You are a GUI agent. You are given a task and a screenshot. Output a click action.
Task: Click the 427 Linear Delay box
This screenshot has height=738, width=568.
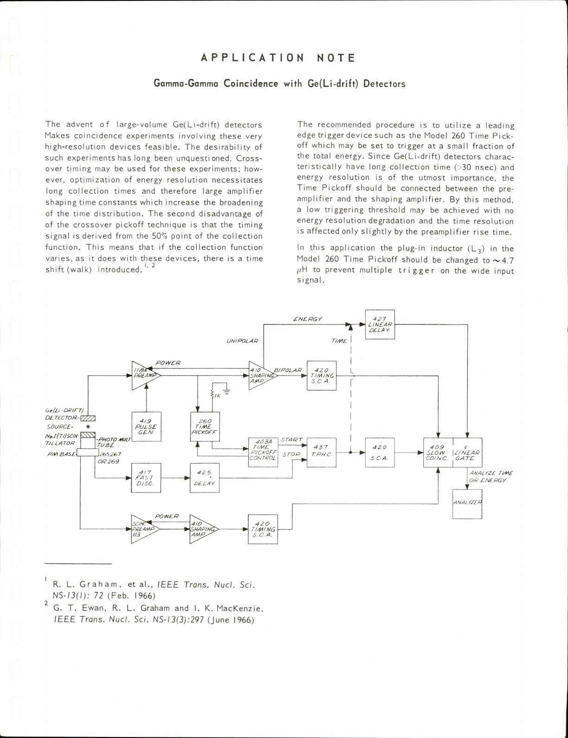380,324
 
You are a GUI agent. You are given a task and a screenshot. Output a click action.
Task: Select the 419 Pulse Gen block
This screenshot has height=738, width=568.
146,427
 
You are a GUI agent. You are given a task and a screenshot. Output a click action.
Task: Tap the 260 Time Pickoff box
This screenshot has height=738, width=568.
205,427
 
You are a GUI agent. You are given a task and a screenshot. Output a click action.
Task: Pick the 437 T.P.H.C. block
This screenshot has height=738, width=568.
322,453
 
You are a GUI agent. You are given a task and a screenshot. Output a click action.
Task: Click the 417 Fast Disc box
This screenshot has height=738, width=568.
146,478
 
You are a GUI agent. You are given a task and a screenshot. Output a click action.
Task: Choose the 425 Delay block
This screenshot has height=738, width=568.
204,478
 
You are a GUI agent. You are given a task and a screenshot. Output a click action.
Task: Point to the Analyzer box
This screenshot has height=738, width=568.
467,504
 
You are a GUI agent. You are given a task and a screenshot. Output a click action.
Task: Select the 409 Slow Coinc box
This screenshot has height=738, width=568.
438,453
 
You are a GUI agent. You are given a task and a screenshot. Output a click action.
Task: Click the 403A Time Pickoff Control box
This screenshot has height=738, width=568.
263,453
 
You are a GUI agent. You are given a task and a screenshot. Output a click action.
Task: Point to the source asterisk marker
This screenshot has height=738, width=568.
88,427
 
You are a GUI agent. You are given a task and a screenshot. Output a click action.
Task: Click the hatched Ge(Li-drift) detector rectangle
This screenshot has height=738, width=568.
88,418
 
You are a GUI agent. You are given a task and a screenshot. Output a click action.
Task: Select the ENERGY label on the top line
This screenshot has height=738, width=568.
308,319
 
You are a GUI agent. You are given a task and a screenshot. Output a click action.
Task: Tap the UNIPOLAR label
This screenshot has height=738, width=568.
242,341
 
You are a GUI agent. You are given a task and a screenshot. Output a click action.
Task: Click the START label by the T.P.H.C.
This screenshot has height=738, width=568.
291,440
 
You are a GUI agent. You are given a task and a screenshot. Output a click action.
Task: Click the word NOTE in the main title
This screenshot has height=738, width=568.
336,58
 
